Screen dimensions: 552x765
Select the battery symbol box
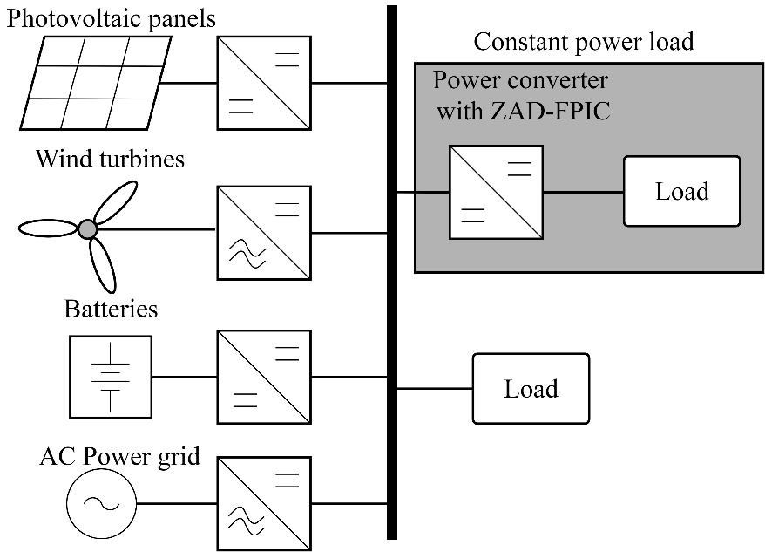pos(110,377)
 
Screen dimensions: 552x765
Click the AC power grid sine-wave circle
pos(101,503)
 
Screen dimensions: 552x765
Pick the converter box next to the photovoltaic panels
pos(264,83)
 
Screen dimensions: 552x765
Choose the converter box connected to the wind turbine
pos(264,233)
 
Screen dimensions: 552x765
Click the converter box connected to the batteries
pos(264,377)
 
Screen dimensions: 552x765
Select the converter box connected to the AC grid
pos(264,503)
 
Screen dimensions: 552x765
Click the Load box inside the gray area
pos(681,191)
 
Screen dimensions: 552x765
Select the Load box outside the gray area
pos(531,388)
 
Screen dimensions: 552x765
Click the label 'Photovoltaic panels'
pos(111,17)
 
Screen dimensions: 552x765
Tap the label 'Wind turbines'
pos(110,160)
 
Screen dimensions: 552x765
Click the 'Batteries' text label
pos(111,309)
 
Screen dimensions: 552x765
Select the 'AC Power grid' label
pos(120,456)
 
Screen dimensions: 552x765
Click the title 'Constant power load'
pos(583,41)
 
